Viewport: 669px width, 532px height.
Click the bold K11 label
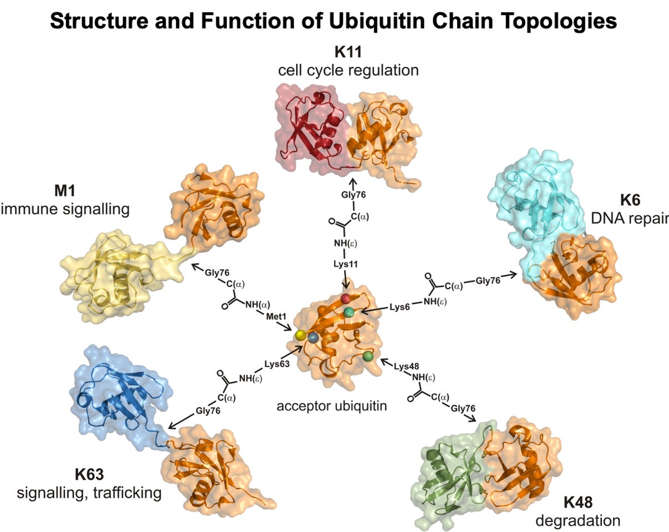click(348, 53)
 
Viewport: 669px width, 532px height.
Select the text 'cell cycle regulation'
click(348, 70)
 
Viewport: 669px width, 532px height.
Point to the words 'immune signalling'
click(65, 209)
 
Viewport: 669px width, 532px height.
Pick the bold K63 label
click(89, 474)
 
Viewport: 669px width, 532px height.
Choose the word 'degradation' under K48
click(578, 520)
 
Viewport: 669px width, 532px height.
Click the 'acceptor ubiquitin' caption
click(331, 406)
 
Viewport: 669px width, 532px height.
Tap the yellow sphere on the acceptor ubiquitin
click(300, 335)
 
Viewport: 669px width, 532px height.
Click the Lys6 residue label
click(399, 306)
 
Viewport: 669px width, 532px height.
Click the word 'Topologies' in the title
click(555, 21)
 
